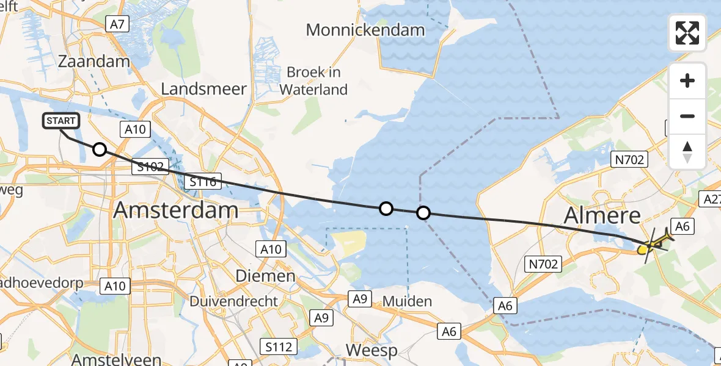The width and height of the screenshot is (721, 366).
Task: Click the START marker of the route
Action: [61, 121]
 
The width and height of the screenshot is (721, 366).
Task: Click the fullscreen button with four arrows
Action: [687, 33]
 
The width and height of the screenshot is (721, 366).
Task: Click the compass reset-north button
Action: [687, 152]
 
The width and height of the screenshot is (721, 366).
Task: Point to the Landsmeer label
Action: [203, 89]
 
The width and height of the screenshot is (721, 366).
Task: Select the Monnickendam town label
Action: [365, 29]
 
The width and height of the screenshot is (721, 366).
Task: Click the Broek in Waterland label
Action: [313, 81]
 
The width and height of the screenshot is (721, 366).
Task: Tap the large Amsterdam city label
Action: [176, 211]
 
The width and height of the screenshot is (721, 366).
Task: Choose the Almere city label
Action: [602, 215]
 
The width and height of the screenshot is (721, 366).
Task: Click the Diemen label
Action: [265, 276]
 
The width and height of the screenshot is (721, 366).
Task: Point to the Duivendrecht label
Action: [234, 301]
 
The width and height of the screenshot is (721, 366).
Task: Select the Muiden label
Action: [407, 301]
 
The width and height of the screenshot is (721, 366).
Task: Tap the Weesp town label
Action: [371, 351]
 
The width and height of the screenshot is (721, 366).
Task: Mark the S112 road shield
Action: [278, 347]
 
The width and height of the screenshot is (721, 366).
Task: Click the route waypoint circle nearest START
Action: [99, 149]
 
